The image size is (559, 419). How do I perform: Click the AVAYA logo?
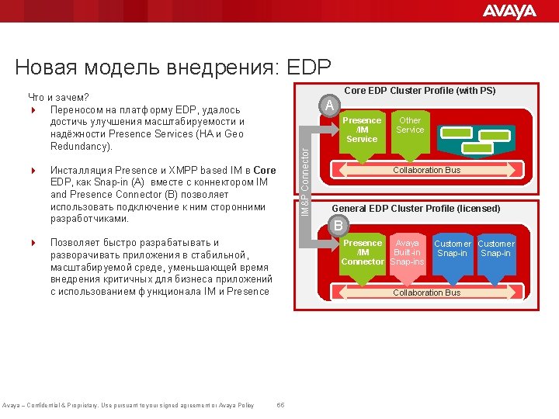[x=509, y=11]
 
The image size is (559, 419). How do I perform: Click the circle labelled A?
[x=330, y=106]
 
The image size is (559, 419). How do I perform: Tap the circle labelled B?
[x=338, y=226]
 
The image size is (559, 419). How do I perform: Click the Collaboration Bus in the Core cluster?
[x=426, y=170]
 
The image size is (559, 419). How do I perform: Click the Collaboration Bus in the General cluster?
[x=426, y=293]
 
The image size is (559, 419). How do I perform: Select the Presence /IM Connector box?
[x=362, y=255]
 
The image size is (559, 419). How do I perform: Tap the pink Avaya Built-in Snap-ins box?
[x=407, y=255]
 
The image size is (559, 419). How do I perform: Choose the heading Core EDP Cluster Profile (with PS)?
[x=419, y=91]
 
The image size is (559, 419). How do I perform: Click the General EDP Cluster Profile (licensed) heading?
[x=416, y=208]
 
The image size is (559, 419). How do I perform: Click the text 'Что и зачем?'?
[x=57, y=98]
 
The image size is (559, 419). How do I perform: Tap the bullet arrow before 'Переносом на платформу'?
[x=33, y=110]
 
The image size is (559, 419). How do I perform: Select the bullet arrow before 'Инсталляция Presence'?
[x=33, y=170]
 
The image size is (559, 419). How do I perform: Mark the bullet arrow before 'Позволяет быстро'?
[x=33, y=243]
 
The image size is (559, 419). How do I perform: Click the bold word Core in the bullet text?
[x=264, y=170]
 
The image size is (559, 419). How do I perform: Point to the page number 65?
[x=280, y=405]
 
